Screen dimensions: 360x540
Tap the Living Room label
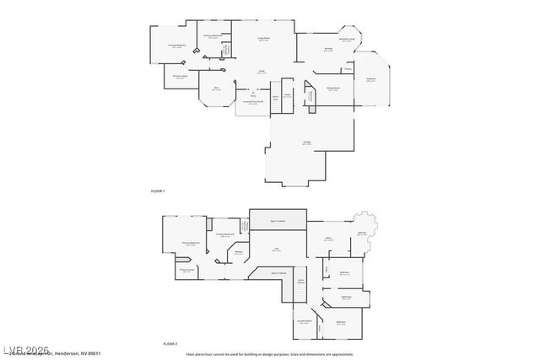click(x=264, y=39)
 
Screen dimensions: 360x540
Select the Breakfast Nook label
click(x=346, y=40)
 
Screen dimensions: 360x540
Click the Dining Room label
click(x=333, y=88)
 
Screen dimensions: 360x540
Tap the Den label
click(x=216, y=88)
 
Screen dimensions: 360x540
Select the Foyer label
click(x=262, y=73)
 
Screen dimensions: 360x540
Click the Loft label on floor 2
click(x=276, y=250)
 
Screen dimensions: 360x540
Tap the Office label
click(x=329, y=239)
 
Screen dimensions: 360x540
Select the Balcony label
click(x=362, y=234)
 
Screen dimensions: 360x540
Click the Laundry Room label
click(x=304, y=321)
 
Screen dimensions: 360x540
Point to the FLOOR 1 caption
click(x=158, y=192)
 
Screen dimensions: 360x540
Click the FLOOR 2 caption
click(x=170, y=345)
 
